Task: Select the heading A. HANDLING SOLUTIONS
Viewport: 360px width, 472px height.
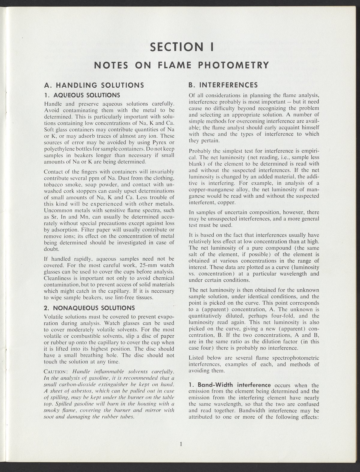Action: click(93, 85)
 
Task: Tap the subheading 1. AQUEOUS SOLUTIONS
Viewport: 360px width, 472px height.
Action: click(82, 95)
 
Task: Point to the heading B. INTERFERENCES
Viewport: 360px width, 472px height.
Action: click(223, 85)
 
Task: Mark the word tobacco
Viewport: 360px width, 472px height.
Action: click(54, 185)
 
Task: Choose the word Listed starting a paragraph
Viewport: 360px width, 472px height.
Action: click(196, 358)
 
